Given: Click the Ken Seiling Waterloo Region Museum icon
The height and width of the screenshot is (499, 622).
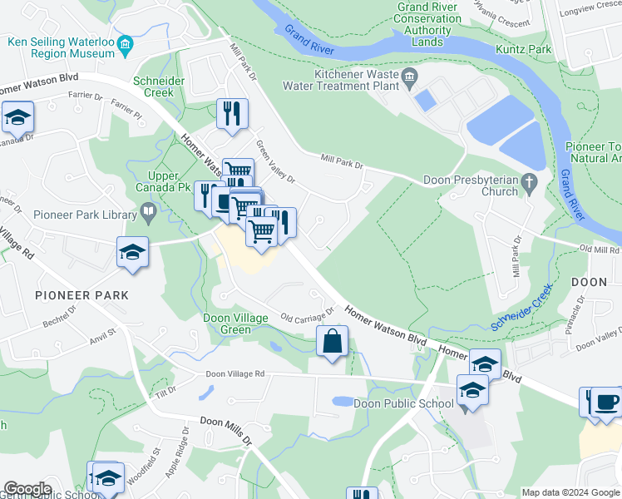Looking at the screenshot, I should (126, 46).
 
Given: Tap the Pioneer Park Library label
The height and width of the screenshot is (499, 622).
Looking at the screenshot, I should (85, 215).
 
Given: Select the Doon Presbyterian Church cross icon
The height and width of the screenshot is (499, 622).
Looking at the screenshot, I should (528, 181).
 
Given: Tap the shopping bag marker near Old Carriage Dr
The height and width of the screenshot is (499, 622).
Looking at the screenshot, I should (332, 341).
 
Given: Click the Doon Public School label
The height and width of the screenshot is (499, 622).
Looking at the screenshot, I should (392, 403).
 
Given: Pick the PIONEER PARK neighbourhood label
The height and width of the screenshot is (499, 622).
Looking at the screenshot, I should (81, 295).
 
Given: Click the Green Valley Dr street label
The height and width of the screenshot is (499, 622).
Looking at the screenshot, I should (275, 163).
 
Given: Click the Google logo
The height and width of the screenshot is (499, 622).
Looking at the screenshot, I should (27, 489).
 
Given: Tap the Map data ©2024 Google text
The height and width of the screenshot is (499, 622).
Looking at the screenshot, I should (570, 492).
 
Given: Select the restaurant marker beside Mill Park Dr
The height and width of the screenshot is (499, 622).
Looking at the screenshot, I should (232, 113).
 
